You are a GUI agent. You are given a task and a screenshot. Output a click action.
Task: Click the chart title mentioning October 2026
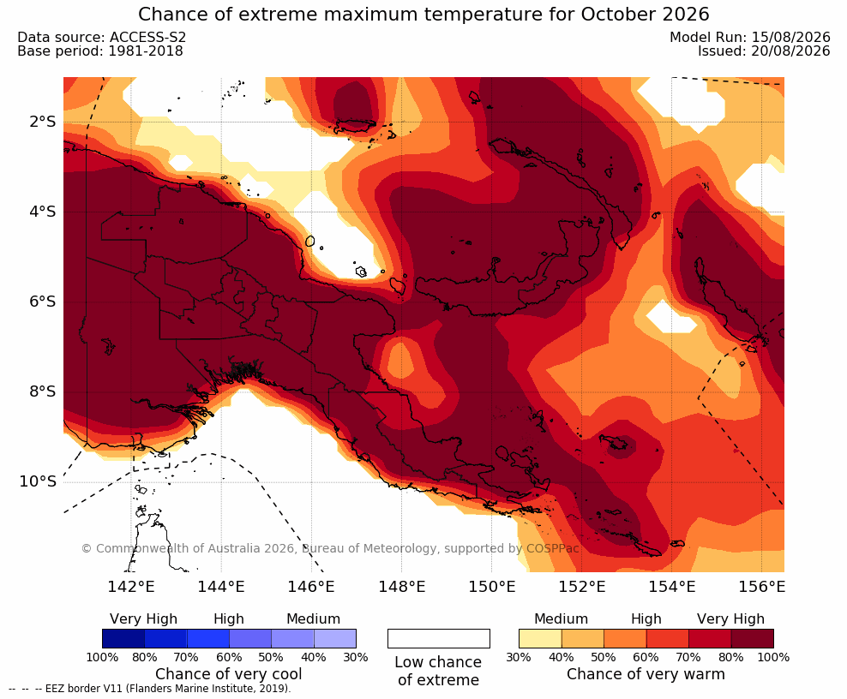point(423,14)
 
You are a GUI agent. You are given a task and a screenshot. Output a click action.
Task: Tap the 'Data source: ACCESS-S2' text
point(101,37)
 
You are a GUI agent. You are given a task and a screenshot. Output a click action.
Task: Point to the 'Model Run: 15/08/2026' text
point(750,37)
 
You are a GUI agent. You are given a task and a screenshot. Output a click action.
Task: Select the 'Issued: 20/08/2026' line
point(764,51)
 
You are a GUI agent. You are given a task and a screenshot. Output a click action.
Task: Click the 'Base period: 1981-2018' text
point(100,51)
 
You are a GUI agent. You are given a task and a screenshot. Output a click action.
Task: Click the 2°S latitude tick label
point(43,122)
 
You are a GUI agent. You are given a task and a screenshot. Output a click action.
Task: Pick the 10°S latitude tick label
point(38,481)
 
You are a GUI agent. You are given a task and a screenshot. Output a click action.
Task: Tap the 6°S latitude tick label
point(43,302)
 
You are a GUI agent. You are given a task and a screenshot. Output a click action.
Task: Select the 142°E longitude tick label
point(131,586)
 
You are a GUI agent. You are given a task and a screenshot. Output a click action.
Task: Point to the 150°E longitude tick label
point(491,586)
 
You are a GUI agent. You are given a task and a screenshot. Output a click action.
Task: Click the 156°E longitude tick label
point(761,586)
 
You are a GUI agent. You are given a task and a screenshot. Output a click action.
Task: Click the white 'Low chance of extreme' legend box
point(439,638)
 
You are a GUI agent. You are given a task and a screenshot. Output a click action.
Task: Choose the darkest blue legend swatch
point(123,638)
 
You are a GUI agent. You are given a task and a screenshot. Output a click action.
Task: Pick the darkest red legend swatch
point(753,638)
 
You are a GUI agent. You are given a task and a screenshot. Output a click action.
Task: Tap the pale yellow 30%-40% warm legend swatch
point(540,638)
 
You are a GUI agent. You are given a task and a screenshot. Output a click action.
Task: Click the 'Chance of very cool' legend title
point(229,674)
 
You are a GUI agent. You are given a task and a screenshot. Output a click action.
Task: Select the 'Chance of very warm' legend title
point(646,674)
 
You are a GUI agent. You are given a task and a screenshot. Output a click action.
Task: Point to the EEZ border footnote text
point(150,689)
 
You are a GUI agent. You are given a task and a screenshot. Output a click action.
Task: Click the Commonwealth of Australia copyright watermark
point(330,548)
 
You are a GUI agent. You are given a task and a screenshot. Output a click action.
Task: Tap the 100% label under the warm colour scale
point(773,657)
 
